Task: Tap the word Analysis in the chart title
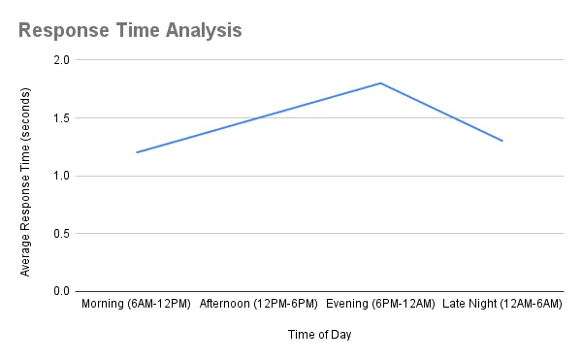pyautogui.click(x=201, y=30)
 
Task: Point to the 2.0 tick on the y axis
pyautogui.click(x=62, y=60)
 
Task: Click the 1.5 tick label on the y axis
pyautogui.click(x=62, y=118)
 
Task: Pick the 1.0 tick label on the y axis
pyautogui.click(x=62, y=176)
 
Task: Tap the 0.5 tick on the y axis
pyautogui.click(x=62, y=234)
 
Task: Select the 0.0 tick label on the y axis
pyautogui.click(x=62, y=291)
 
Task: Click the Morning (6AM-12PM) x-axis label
pyautogui.click(x=137, y=305)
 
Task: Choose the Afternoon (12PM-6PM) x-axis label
pyautogui.click(x=259, y=305)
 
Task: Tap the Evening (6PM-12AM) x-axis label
pyautogui.click(x=380, y=305)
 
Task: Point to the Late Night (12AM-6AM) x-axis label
pyautogui.click(x=502, y=305)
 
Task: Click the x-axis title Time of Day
pyautogui.click(x=319, y=335)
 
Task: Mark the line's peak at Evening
pyautogui.click(x=380, y=83)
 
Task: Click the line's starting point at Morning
pyautogui.click(x=137, y=152)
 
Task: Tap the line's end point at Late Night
pyautogui.click(x=502, y=141)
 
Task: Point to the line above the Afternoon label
pyautogui.click(x=259, y=117)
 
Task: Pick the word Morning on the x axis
pyautogui.click(x=104, y=305)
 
